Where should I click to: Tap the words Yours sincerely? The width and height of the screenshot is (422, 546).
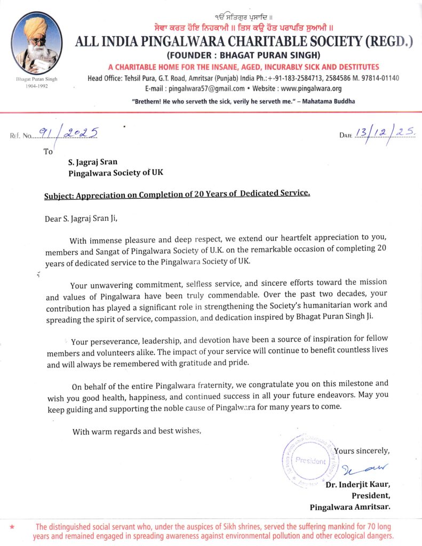(x=362, y=451)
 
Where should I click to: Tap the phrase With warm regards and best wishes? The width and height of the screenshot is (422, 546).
(x=137, y=431)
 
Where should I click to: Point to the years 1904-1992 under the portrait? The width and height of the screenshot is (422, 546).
(x=36, y=85)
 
